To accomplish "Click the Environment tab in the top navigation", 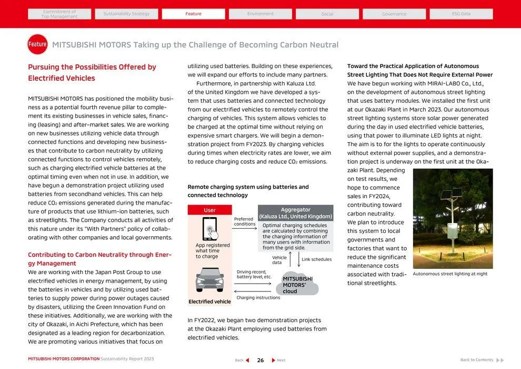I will (x=260, y=14).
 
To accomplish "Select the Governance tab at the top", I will (x=394, y=14).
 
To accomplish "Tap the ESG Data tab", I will (x=462, y=14).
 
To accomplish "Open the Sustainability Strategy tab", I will (x=126, y=14).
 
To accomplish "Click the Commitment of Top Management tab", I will (x=59, y=14).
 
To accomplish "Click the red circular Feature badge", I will (x=37, y=45).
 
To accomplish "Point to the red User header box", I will (x=209, y=210).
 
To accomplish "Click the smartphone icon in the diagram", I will (x=210, y=229).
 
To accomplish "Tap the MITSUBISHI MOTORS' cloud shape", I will (x=297, y=285).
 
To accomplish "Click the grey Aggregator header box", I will (x=296, y=213).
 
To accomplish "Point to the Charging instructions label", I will (x=258, y=298).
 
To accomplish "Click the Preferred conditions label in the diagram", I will (x=244, y=221).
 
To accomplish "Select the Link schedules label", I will (x=316, y=259).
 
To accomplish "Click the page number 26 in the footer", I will (x=260, y=360).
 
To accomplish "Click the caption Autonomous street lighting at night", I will (x=450, y=274).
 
